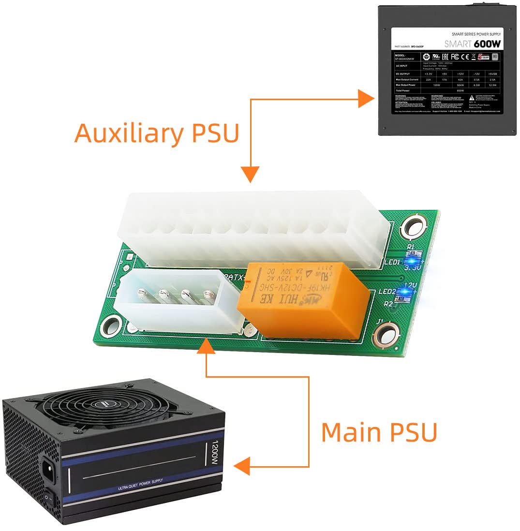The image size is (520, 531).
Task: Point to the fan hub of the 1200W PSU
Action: [101, 404]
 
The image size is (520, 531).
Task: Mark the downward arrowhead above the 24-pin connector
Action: [250, 174]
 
